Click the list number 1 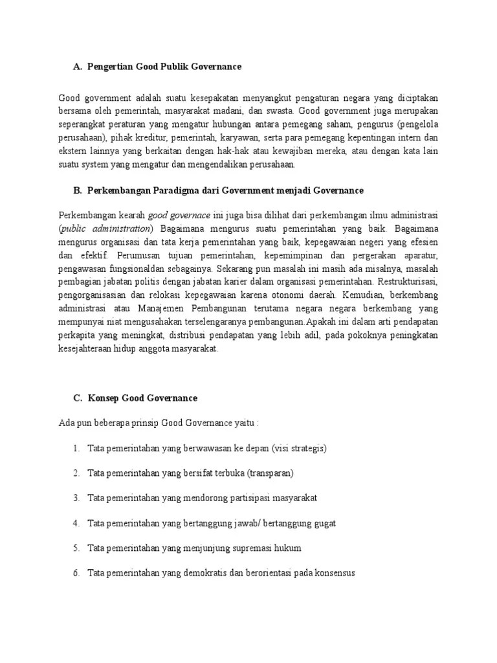tap(76, 448)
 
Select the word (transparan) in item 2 tap(270, 473)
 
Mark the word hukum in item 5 tap(287, 548)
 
